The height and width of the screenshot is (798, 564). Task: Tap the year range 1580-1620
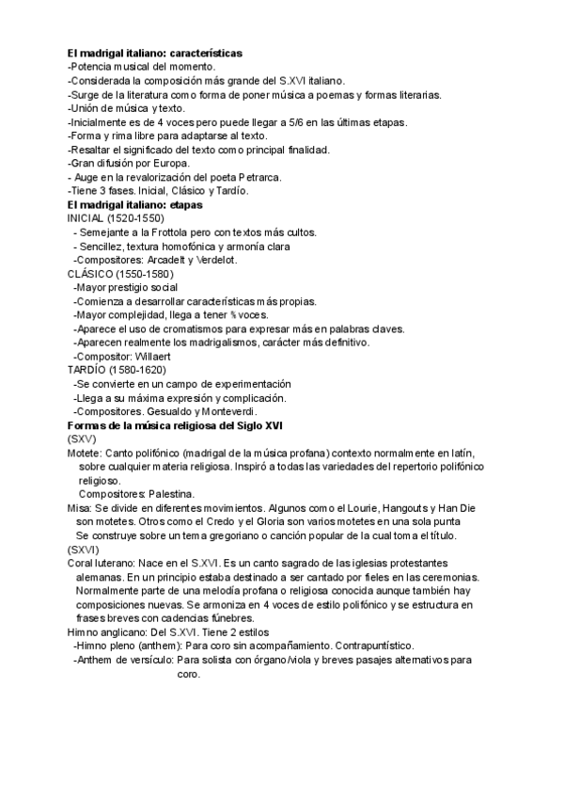(135, 370)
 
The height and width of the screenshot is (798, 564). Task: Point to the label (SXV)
(82, 439)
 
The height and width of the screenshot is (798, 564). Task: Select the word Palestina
(170, 493)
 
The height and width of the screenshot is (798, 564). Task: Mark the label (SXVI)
(84, 549)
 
